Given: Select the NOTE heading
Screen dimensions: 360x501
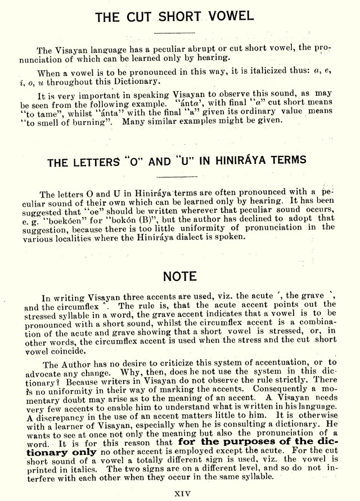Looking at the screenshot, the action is click(x=180, y=276).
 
